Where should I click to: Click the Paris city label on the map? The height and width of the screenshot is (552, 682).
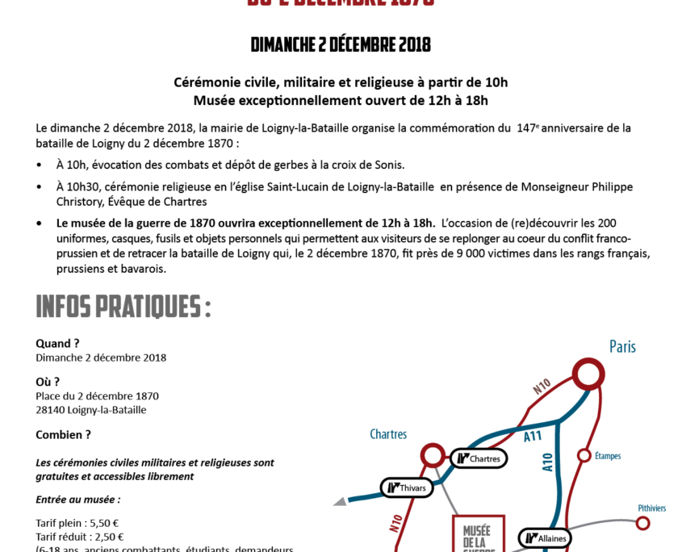tap(621, 347)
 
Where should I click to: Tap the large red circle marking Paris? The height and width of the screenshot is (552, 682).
tap(588, 374)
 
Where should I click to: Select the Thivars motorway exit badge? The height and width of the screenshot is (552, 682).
tap(407, 487)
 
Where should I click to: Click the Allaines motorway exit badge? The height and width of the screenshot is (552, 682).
tap(546, 537)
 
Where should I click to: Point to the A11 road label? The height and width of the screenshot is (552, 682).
tap(532, 437)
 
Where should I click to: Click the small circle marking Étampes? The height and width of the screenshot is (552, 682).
tap(584, 456)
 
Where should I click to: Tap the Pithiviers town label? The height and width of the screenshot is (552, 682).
tap(651, 508)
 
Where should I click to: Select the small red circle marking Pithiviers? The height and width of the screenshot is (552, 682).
tap(642, 523)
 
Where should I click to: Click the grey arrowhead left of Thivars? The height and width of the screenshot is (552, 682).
tap(341, 501)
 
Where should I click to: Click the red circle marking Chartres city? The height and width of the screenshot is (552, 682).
tap(433, 455)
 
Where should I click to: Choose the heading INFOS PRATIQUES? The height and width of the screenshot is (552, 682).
tap(123, 307)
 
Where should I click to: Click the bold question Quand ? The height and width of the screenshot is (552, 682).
tap(57, 343)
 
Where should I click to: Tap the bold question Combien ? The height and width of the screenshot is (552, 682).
tap(63, 434)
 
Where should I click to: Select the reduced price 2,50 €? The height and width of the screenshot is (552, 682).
tap(107, 537)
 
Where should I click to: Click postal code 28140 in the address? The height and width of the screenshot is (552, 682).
tap(51, 410)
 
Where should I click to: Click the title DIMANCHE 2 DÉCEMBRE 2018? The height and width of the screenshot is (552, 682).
tap(341, 44)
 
